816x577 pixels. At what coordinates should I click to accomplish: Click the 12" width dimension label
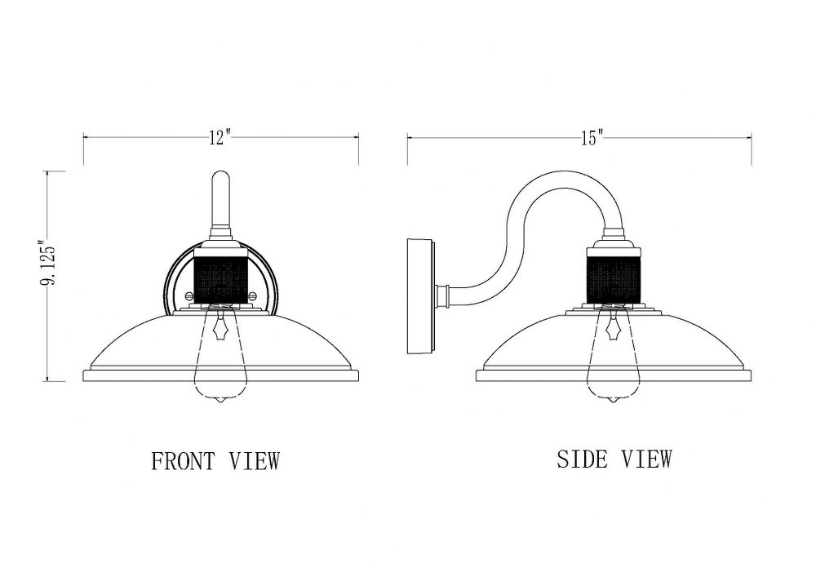(x=220, y=138)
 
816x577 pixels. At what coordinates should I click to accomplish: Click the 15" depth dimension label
(x=592, y=138)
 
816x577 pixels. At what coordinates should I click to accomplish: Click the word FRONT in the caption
(x=183, y=461)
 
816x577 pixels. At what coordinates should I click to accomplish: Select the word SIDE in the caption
(x=582, y=459)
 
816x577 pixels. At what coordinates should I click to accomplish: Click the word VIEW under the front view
(x=254, y=461)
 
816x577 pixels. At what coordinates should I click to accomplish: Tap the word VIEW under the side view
(x=646, y=459)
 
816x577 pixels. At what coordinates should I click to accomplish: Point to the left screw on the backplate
(x=189, y=296)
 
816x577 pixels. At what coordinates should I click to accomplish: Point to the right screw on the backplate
(x=253, y=296)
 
